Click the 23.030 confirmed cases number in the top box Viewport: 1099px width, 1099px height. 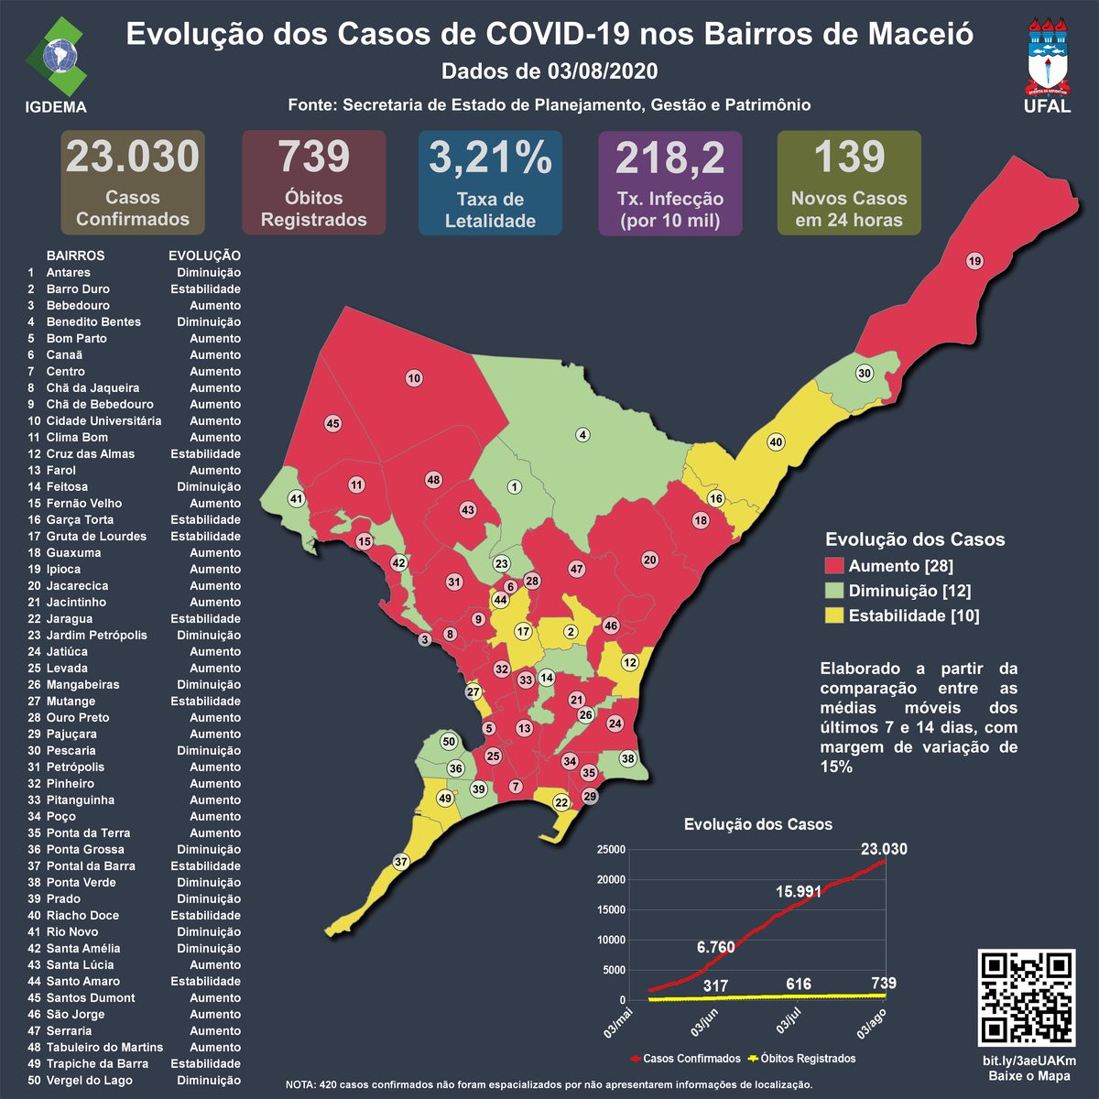coord(133,157)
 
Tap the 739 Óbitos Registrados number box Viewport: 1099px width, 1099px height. coord(313,157)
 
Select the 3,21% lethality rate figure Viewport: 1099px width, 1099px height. coord(490,158)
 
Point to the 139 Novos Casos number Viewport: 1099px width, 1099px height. coord(849,157)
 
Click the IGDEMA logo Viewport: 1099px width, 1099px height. coord(56,60)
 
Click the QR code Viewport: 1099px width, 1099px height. coord(1027,998)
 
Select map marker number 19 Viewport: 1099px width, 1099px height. coord(974,261)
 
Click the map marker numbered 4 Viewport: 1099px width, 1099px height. coord(582,435)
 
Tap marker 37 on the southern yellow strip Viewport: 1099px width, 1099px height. coord(400,862)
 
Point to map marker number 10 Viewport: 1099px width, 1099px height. coord(414,378)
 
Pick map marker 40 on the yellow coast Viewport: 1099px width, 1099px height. coord(776,442)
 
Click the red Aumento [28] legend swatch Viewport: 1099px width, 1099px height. coord(833,566)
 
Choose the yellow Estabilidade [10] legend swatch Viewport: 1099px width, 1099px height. coord(833,615)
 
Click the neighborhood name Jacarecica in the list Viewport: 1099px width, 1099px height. coord(77,586)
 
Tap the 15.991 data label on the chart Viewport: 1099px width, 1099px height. coord(799,891)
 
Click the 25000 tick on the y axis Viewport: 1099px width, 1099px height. coord(611,850)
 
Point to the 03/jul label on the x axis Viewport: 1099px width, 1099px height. coord(789,1021)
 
